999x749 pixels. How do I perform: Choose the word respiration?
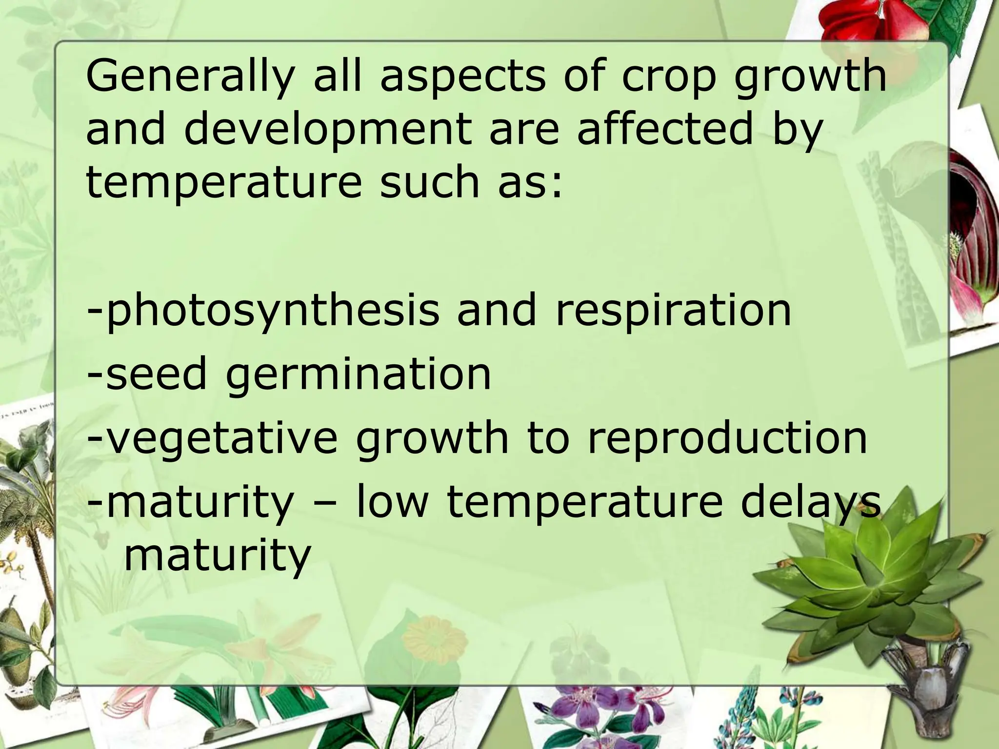pyautogui.click(x=673, y=311)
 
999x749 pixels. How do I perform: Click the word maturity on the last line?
pyautogui.click(x=217, y=556)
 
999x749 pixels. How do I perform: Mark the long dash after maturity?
pyautogui.click(x=325, y=503)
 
